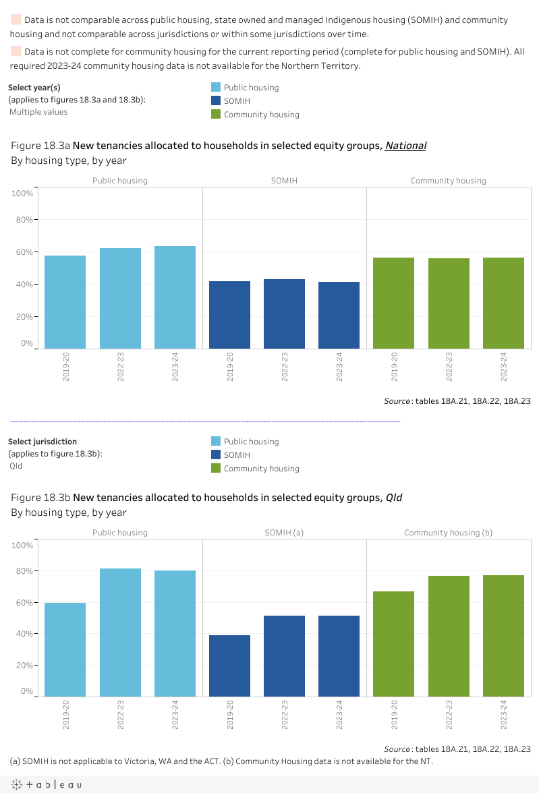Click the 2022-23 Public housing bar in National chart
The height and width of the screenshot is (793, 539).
point(120,298)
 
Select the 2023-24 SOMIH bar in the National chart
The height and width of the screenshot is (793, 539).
point(339,315)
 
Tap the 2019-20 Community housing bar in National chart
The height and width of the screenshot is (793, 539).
point(394,303)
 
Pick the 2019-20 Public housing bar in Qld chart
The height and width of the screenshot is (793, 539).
point(65,649)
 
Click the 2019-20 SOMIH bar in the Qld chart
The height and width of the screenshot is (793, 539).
point(229,666)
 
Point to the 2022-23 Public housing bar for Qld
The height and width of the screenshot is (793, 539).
point(120,632)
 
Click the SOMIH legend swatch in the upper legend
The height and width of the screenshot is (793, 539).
point(216,100)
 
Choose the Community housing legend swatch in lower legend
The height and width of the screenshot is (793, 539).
point(216,469)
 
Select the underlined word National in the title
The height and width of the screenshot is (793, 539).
point(405,145)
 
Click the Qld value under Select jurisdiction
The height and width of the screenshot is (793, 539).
point(16,465)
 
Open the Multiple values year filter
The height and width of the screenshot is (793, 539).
point(38,112)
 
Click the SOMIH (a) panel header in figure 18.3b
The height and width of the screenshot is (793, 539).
point(284,533)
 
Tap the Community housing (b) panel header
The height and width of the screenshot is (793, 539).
point(448,533)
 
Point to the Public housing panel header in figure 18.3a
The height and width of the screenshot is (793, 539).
point(120,181)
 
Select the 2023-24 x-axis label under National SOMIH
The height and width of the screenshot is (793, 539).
point(339,368)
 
